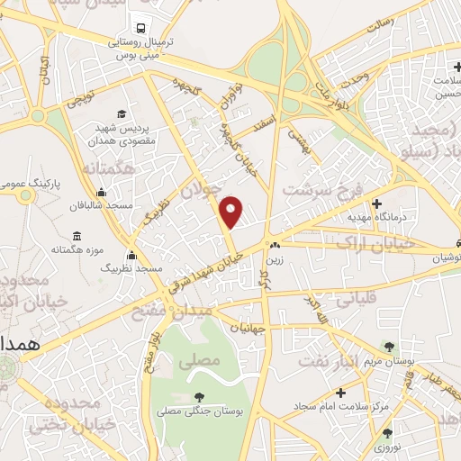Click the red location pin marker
[x=232, y=212]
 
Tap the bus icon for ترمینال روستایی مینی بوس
[x=140, y=27]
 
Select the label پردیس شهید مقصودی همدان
[x=123, y=135]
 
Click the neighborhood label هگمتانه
[x=109, y=168]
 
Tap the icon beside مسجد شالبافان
[x=101, y=191]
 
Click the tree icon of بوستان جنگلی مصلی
[x=199, y=396]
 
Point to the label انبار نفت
[x=344, y=337]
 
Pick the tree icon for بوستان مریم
[x=388, y=345]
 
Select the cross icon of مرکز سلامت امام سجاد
[x=340, y=393]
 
